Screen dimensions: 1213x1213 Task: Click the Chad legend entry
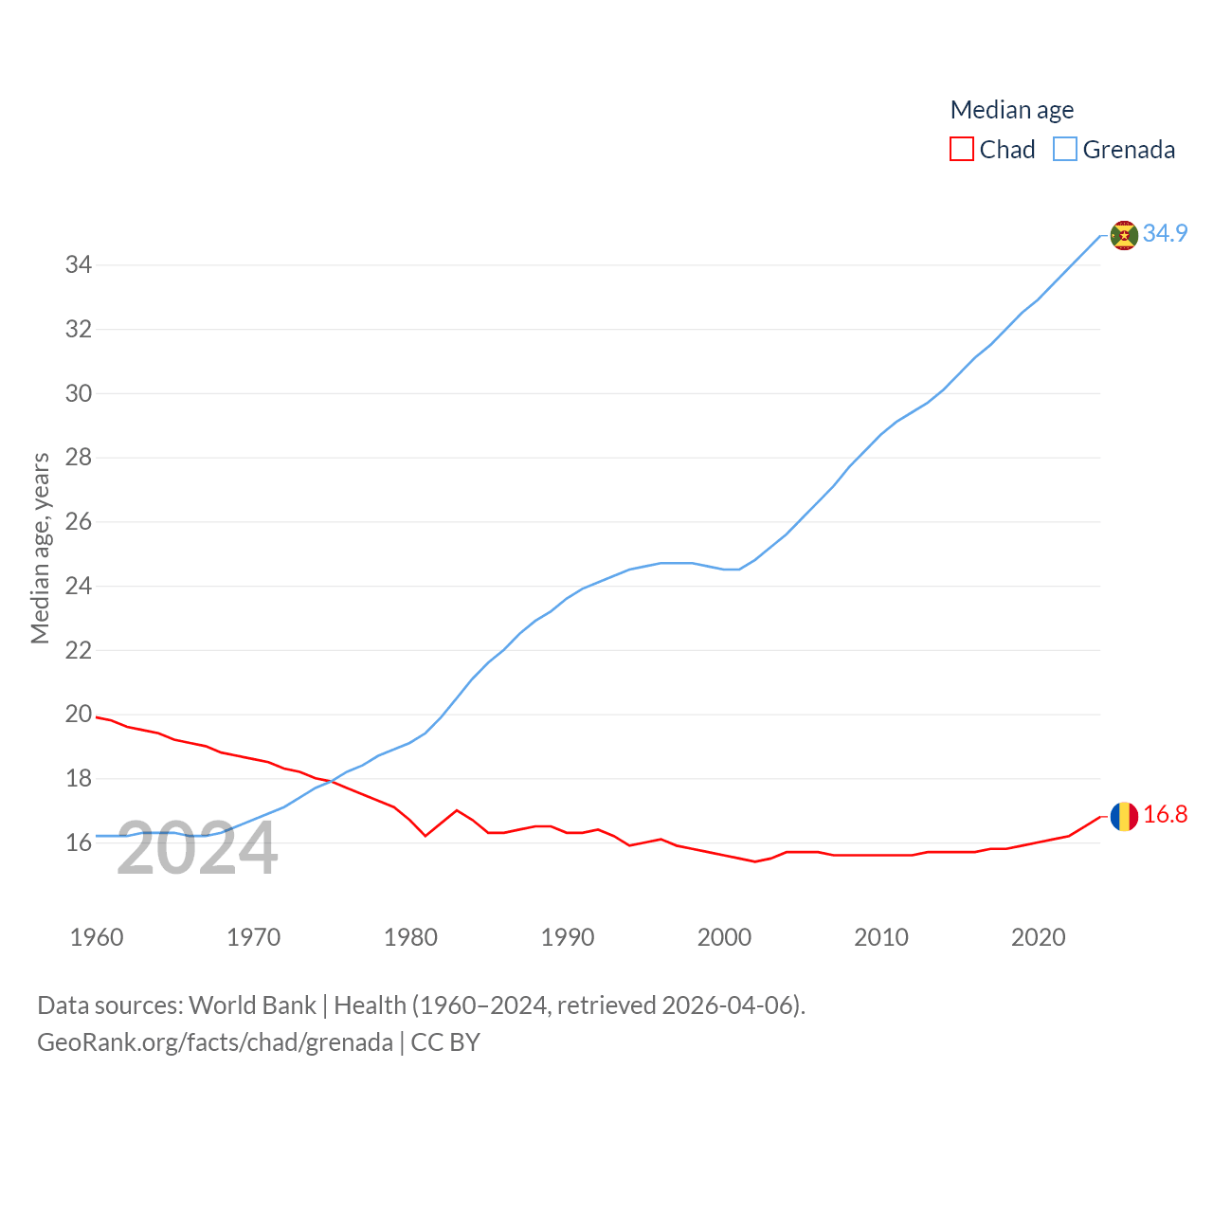point(993,150)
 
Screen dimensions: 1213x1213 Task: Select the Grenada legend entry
point(1114,150)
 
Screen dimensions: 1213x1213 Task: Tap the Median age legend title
point(1012,110)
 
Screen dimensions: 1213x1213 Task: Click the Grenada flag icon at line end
point(1124,235)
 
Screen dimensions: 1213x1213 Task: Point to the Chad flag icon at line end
point(1124,816)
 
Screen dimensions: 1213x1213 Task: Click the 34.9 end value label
point(1165,233)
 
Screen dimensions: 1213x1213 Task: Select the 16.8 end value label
point(1165,815)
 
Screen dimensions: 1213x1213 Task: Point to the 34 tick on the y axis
point(79,265)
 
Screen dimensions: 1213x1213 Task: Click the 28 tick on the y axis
point(79,458)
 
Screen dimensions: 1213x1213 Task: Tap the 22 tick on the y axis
point(79,650)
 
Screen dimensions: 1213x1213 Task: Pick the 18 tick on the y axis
point(79,779)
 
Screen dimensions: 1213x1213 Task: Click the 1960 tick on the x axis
point(97,937)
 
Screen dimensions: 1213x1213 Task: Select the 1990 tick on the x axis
point(568,937)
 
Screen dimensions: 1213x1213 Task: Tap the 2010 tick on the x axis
point(881,937)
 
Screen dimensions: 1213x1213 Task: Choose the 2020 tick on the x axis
point(1039,937)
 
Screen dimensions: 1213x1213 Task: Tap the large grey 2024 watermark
point(197,849)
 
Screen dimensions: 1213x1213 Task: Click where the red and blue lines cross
point(333,782)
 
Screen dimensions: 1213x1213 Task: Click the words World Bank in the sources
point(252,1005)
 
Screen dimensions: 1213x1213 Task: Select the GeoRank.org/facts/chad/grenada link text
point(215,1042)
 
